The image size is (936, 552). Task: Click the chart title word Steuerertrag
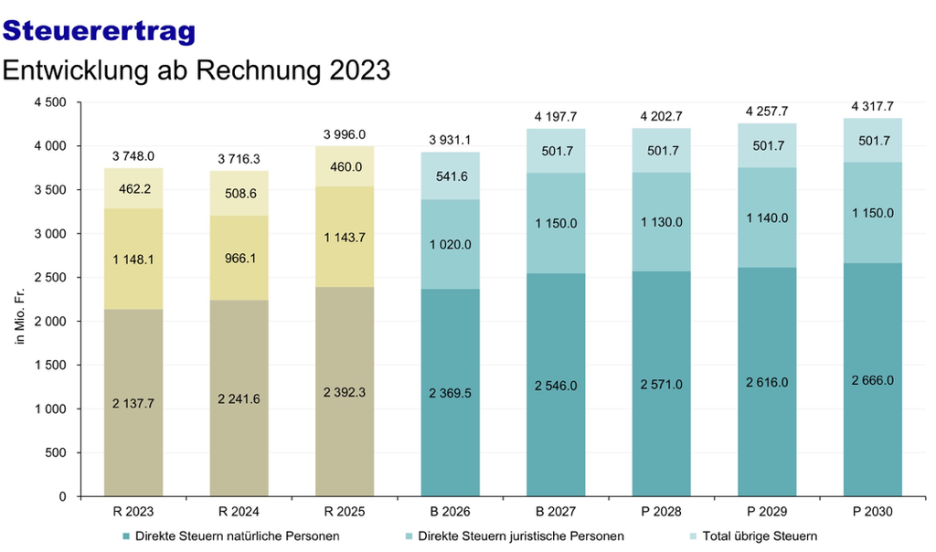(x=99, y=31)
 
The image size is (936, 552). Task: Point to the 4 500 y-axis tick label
(x=50, y=102)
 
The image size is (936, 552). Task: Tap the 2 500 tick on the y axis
(x=50, y=278)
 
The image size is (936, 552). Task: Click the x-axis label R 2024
(x=239, y=512)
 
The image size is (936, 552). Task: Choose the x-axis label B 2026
(x=450, y=512)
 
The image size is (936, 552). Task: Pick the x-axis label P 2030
(x=872, y=512)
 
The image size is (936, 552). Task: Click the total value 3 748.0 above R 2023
(x=133, y=156)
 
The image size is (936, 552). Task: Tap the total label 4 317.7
(x=872, y=106)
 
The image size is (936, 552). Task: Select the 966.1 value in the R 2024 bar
(x=240, y=259)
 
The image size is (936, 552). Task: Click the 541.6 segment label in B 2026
(x=452, y=176)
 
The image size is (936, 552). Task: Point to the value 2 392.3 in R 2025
(x=345, y=393)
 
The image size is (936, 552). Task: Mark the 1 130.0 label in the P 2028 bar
(x=662, y=222)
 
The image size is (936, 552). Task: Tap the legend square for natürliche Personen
(x=126, y=536)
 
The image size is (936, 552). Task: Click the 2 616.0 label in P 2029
(x=767, y=383)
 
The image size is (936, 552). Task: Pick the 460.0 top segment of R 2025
(x=346, y=167)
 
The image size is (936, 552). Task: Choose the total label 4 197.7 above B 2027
(x=556, y=117)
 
